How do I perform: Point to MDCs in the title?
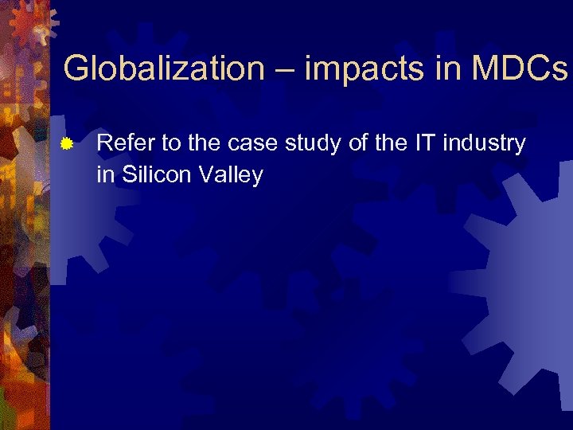520,68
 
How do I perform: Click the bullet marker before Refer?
68,144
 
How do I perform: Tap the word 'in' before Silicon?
106,174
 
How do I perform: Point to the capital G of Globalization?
77,68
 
